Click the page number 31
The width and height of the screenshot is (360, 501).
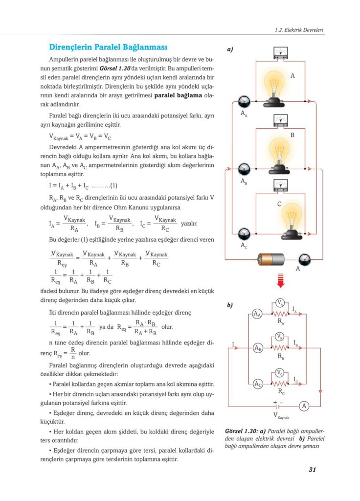click(x=313, y=470)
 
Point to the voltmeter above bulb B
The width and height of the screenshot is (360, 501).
click(x=282, y=121)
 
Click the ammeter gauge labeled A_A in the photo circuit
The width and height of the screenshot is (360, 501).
click(x=244, y=102)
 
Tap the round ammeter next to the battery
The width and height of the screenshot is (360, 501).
click(x=304, y=258)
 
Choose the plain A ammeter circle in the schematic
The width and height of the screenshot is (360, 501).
click(x=304, y=406)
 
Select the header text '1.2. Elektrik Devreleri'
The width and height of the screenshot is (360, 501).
click(x=299, y=30)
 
